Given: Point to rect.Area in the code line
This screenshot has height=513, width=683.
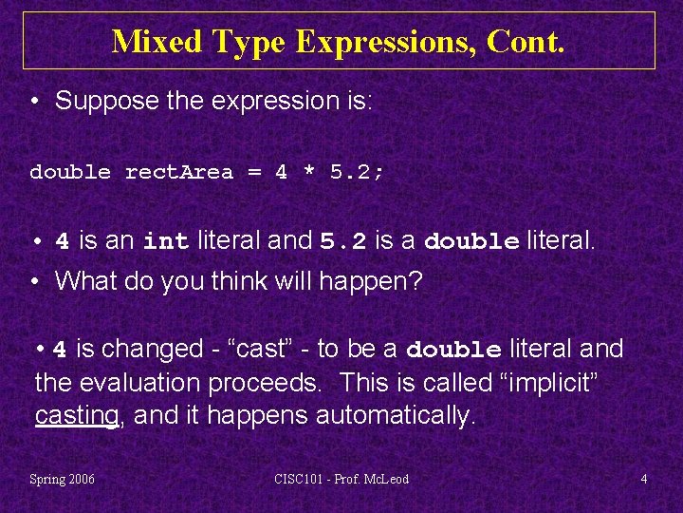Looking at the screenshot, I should (179, 173).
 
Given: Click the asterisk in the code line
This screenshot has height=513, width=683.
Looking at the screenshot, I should (309, 173).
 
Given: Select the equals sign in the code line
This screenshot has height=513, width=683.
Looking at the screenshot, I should (254, 173).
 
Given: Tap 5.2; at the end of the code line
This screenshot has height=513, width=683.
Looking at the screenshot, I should (358, 173).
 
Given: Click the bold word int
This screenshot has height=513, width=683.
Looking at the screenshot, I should (167, 242).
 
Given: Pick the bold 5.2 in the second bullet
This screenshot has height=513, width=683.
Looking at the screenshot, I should (342, 242).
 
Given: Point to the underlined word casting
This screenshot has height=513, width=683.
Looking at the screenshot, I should (77, 416).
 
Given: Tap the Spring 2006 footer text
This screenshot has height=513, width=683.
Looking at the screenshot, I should (63, 479).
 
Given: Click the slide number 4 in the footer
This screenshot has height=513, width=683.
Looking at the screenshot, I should (644, 479).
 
